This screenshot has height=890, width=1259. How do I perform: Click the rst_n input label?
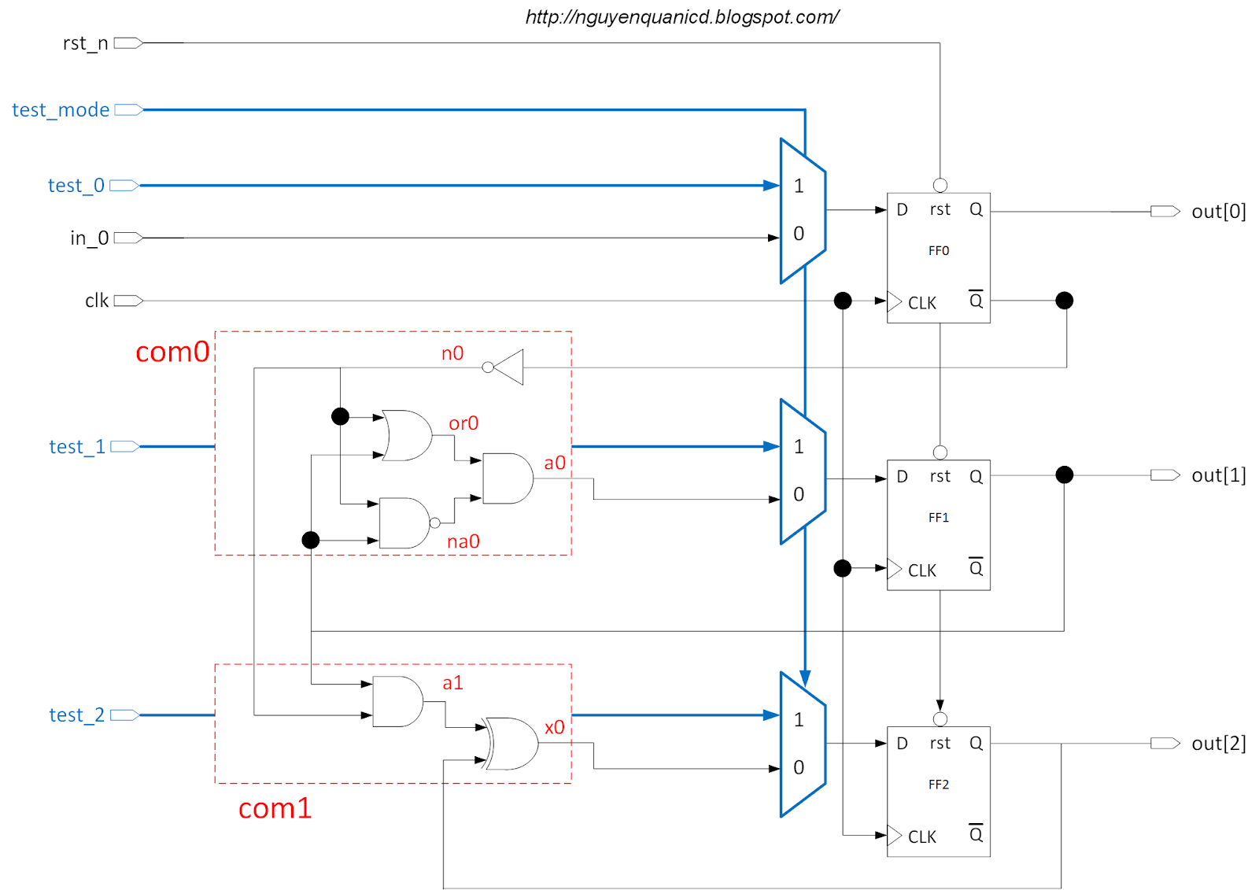[85, 43]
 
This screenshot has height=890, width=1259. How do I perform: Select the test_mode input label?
[61, 110]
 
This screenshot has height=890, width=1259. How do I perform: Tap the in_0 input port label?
[89, 238]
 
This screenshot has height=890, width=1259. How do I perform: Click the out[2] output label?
[1218, 744]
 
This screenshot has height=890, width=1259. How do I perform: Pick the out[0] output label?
[1218, 212]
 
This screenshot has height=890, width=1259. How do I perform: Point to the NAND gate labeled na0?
[404, 523]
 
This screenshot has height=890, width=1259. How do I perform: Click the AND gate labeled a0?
[507, 478]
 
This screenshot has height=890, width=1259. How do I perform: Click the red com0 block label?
[172, 352]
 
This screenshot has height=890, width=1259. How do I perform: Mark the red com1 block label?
[275, 808]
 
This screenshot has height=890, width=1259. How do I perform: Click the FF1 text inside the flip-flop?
[938, 518]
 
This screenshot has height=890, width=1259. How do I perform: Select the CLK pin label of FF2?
[921, 837]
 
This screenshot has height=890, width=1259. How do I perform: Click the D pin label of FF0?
[902, 210]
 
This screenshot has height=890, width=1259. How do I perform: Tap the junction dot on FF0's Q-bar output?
[1064, 301]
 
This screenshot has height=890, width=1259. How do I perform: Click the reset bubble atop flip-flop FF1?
[940, 452]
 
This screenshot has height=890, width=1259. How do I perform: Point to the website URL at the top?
[681, 17]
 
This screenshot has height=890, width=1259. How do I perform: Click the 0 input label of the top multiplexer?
[799, 234]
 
